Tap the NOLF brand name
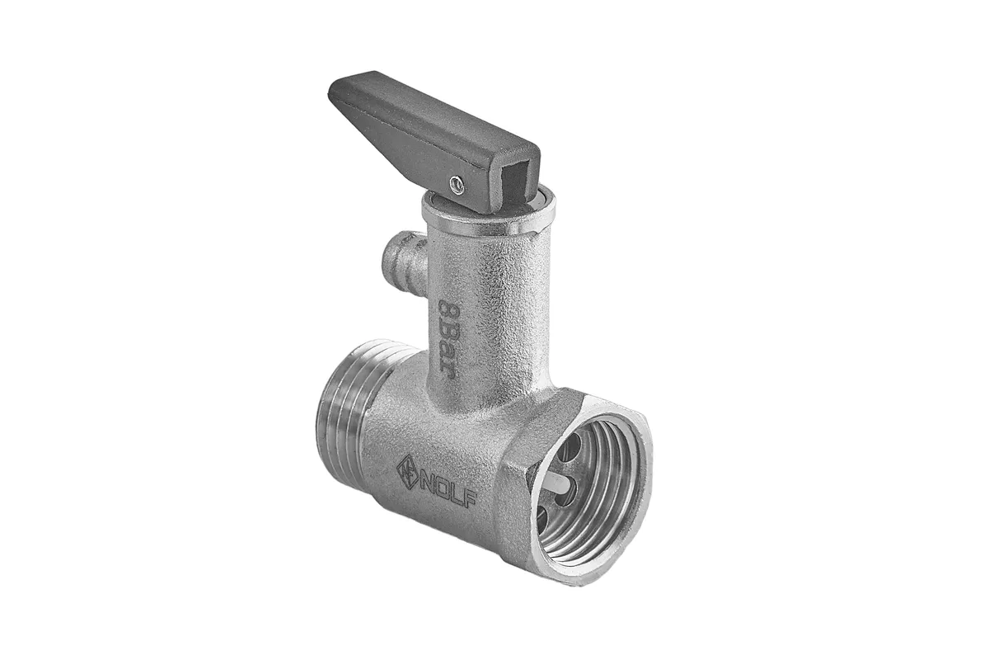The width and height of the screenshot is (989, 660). point(448,489)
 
